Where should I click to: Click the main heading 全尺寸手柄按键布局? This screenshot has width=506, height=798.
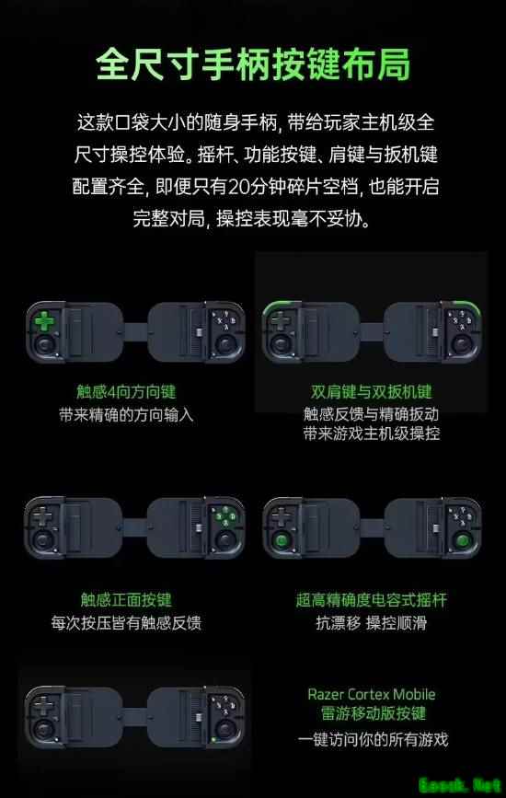click(x=253, y=64)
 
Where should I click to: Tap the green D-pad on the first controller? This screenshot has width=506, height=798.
click(x=44, y=321)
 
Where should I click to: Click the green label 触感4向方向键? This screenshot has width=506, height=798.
click(x=126, y=391)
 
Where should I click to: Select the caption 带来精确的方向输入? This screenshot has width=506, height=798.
click(x=126, y=415)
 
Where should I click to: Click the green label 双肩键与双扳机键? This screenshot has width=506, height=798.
click(x=372, y=391)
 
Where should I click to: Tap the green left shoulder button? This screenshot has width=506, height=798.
click(x=277, y=306)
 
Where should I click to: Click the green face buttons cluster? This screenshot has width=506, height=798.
click(x=225, y=517)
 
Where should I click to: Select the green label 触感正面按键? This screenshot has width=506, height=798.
click(x=126, y=599)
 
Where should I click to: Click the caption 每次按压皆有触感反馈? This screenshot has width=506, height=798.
click(x=126, y=623)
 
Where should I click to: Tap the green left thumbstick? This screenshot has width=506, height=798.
click(x=281, y=540)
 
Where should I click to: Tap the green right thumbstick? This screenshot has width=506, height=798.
click(x=462, y=540)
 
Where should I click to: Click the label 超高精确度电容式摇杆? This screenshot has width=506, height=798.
click(x=372, y=599)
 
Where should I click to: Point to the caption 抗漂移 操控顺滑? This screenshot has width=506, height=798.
click(x=372, y=623)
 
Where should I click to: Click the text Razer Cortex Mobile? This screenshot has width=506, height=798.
click(x=372, y=694)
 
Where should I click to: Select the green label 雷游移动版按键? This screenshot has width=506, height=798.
click(x=373, y=713)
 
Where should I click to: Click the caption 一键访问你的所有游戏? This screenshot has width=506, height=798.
click(x=373, y=739)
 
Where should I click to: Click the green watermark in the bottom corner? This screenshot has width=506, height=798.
click(x=460, y=785)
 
